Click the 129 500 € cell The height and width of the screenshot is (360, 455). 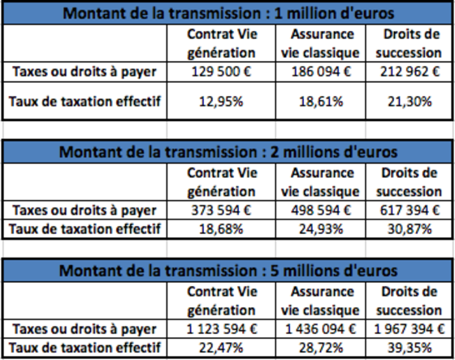(221, 72)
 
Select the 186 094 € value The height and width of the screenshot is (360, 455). (321, 72)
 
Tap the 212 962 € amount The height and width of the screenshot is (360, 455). (409, 72)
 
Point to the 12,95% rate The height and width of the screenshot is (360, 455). (221, 102)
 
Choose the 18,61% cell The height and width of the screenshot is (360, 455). (321, 102)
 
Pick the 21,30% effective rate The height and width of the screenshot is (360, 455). (409, 102)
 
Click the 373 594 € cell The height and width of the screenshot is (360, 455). (221, 210)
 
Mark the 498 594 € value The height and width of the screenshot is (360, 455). (321, 210)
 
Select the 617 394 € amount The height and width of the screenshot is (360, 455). (409, 210)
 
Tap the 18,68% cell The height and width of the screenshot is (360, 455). (221, 229)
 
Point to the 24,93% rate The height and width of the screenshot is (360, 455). (321, 229)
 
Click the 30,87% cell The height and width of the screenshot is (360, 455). (409, 229)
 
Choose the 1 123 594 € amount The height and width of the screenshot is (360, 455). (222, 329)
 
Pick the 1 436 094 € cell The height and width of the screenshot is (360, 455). (321, 329)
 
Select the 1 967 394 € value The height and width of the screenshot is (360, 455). (409, 329)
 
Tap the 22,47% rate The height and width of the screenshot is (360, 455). (221, 348)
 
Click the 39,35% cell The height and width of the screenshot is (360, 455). (409, 348)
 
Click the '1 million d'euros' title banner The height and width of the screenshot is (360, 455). (227, 13)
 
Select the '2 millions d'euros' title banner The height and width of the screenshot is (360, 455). (227, 152)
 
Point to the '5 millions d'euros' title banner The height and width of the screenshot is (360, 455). (227, 271)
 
